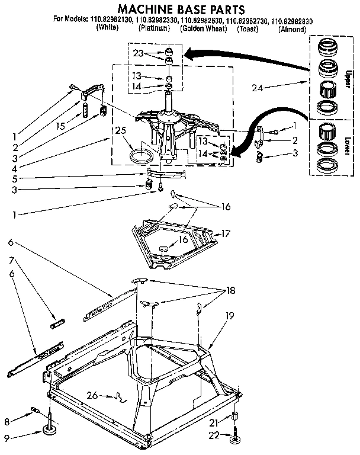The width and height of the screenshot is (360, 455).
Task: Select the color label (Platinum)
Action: tap(155, 28)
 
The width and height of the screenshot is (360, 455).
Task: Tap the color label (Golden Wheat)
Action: tap(204, 28)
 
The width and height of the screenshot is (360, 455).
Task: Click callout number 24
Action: tap(256, 88)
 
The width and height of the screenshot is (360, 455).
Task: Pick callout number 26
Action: tap(91, 395)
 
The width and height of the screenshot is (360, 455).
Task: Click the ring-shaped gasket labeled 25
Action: tap(140, 158)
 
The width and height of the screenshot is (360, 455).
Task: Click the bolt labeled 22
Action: tap(235, 432)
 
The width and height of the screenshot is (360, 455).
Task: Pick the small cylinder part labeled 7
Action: tap(57, 323)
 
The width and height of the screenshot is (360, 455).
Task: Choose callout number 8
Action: tap(7, 422)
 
